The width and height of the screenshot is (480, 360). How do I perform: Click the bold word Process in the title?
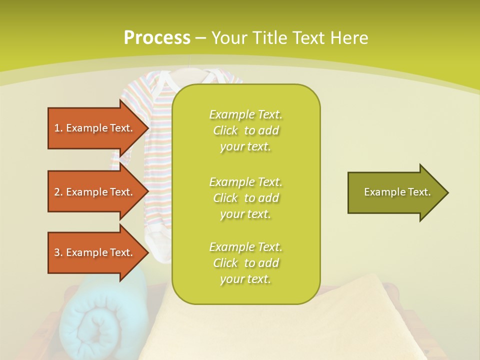[x=157, y=37]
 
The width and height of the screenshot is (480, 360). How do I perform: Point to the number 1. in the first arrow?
[x=58, y=128]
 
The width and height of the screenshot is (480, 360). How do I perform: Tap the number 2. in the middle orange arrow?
[x=58, y=192]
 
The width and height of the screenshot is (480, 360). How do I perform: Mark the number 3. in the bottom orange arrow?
[x=58, y=252]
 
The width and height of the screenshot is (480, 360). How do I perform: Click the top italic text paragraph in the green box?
[x=245, y=130]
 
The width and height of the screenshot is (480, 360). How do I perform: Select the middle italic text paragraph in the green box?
[x=245, y=198]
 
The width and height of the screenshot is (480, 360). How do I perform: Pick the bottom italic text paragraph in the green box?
[x=245, y=263]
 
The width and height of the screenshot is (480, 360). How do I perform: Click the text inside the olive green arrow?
[x=397, y=192]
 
